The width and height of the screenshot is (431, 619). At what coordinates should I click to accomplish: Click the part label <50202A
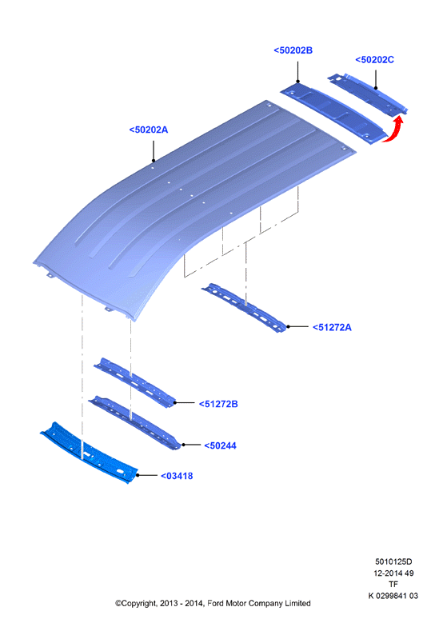(149, 130)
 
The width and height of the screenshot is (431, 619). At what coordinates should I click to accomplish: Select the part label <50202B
(293, 50)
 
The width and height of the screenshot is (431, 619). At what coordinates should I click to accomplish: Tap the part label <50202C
(374, 60)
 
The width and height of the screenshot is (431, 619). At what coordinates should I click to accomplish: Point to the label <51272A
(332, 327)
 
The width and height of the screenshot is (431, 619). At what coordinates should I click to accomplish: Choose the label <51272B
(218, 404)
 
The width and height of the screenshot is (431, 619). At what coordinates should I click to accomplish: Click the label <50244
(220, 445)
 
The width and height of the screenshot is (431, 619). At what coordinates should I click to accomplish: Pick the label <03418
(177, 476)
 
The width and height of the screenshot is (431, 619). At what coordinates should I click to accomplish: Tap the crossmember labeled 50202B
(333, 113)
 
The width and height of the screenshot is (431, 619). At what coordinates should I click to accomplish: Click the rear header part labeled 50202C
(368, 94)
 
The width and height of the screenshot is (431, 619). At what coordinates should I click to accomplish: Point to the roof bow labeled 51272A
(245, 308)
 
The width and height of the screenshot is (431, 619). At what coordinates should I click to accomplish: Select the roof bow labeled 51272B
(135, 382)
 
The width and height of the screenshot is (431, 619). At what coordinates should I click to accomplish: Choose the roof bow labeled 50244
(135, 422)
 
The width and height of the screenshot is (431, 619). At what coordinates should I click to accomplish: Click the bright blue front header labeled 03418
(90, 453)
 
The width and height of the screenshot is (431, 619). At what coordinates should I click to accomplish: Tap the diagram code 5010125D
(393, 561)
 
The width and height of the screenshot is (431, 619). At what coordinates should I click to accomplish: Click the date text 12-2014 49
(393, 573)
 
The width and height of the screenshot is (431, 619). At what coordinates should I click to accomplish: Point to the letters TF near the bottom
(393, 585)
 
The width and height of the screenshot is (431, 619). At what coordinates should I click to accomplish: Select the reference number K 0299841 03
(393, 596)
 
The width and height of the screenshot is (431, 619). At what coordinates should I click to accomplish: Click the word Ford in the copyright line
(215, 603)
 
